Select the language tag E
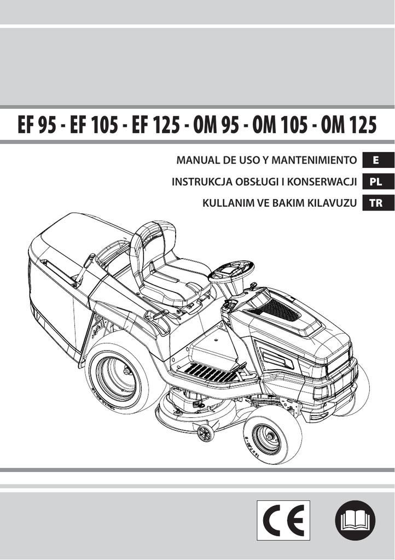(375, 160)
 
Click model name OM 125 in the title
(349, 126)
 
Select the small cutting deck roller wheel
(206, 433)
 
